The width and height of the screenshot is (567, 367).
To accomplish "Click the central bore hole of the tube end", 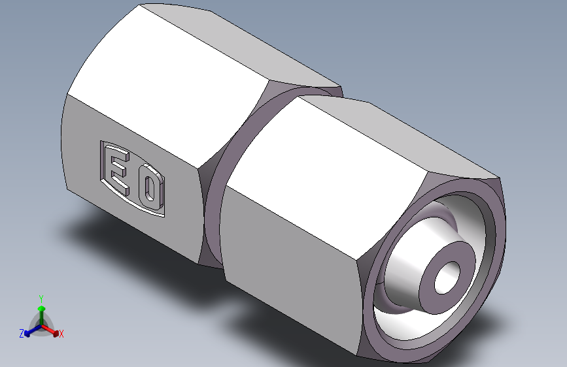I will tap(449, 276).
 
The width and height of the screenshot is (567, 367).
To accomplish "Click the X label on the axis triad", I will tap(61, 334).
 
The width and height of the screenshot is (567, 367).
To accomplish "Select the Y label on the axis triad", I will tap(41, 297).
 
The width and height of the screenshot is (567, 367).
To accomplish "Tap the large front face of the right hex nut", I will tap(294, 255).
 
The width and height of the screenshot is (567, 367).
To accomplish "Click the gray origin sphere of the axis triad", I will tap(42, 325).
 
